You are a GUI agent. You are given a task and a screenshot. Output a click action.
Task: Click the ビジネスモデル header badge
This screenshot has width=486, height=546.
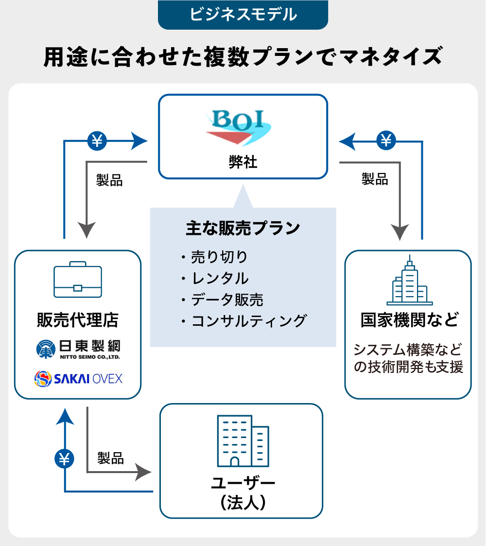click(243, 15)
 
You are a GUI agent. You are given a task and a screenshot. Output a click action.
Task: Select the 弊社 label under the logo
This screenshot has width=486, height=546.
click(243, 162)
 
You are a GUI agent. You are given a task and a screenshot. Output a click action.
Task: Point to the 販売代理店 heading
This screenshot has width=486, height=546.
click(78, 319)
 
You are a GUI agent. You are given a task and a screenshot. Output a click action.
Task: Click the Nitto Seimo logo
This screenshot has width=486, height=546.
click(78, 349)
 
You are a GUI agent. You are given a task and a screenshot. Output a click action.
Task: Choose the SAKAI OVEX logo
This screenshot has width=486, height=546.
click(78, 378)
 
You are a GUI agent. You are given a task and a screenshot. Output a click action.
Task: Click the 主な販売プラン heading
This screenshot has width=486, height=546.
click(243, 229)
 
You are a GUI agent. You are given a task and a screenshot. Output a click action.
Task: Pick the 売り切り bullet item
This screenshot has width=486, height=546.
click(219, 256)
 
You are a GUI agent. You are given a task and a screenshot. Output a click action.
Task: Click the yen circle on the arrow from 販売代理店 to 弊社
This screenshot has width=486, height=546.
click(96, 141)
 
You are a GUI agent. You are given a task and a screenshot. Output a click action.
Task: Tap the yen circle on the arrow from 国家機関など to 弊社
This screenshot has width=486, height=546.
click(386, 141)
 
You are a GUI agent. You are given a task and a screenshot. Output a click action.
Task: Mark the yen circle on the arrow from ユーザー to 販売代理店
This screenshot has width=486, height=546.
click(64, 458)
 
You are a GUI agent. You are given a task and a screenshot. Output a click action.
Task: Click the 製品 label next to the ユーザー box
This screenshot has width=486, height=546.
click(110, 458)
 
